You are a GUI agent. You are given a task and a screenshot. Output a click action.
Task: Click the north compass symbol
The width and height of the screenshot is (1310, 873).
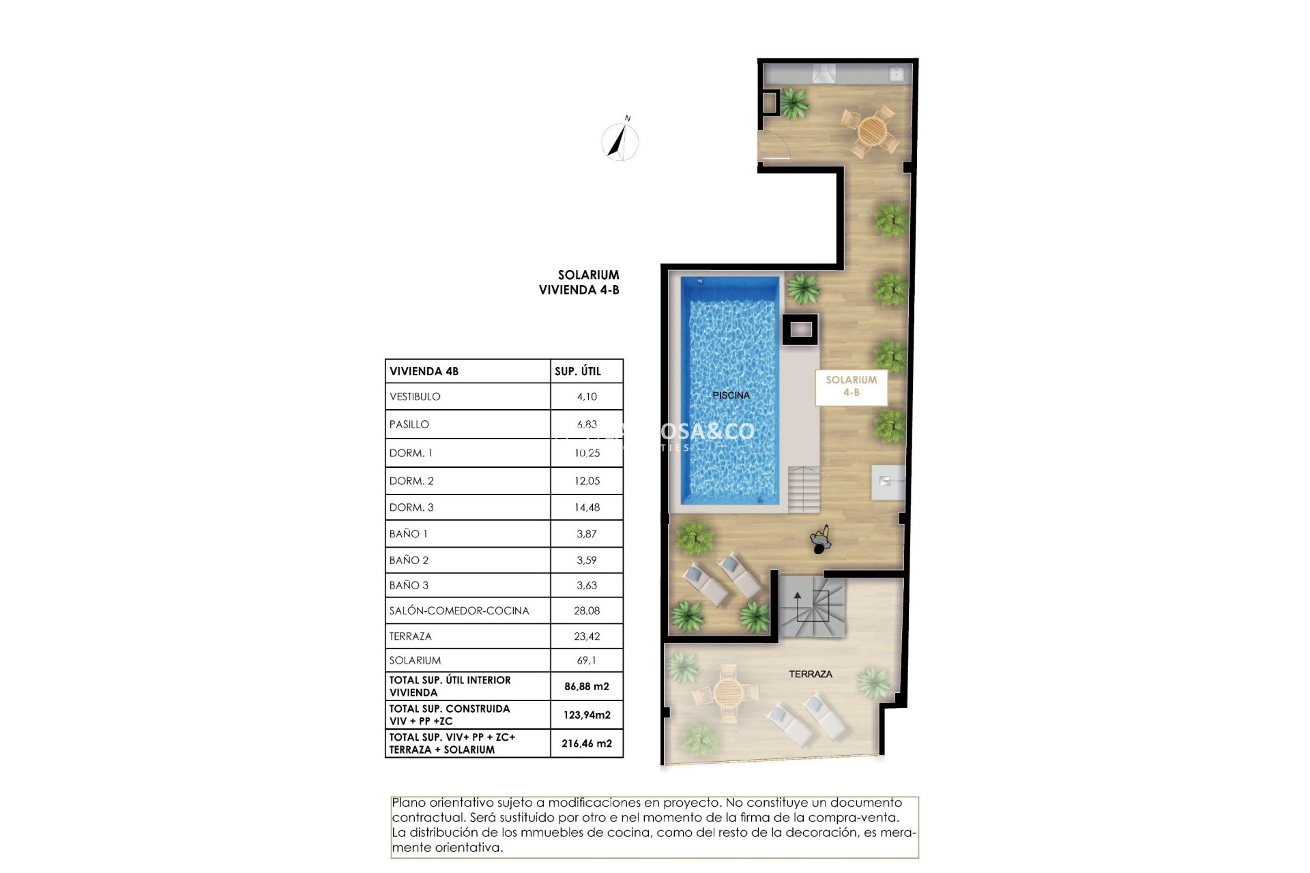coord(620,141)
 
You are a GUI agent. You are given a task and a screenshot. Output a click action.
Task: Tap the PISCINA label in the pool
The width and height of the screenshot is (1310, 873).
coord(731,396)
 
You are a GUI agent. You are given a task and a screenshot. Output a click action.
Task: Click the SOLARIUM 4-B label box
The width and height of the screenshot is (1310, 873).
coord(851,386)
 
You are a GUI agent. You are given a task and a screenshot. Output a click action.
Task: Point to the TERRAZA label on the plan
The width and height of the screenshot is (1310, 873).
coord(810,674)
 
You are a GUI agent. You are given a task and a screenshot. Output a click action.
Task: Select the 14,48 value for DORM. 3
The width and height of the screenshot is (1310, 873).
coord(586,507)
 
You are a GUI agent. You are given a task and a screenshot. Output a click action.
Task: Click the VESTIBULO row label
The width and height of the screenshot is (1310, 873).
coord(415,396)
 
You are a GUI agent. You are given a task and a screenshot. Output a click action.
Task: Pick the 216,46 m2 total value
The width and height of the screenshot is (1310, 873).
coord(586,743)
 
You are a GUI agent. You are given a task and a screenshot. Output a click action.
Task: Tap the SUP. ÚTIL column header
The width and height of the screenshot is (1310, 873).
coord(577,371)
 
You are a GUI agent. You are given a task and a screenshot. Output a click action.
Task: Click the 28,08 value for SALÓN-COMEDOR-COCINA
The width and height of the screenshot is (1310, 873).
coord(586,610)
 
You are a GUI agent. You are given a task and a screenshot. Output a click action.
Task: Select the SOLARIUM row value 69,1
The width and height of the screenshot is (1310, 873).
coord(586,660)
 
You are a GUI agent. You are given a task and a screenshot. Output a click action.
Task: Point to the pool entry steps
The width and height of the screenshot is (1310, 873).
coord(804,489)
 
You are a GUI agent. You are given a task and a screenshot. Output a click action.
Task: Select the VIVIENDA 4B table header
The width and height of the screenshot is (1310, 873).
coord(424,371)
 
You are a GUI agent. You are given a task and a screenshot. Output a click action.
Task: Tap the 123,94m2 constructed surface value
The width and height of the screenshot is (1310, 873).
coord(586,715)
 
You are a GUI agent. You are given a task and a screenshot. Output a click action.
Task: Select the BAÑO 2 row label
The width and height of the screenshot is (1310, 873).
coord(409,560)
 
